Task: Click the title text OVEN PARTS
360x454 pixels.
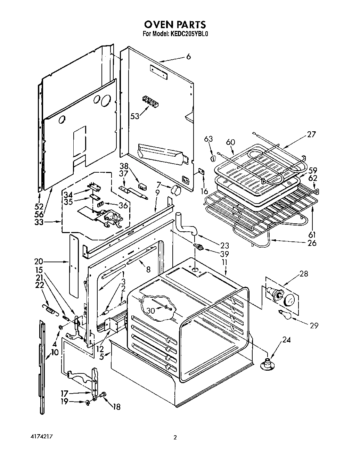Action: click(175, 24)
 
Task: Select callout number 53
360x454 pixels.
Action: click(135, 116)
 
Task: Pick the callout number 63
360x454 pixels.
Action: click(208, 139)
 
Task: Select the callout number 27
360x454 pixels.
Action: click(311, 134)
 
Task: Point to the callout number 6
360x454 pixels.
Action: click(188, 57)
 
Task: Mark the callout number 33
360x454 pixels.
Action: click(39, 222)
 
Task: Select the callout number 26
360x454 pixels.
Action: click(312, 243)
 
